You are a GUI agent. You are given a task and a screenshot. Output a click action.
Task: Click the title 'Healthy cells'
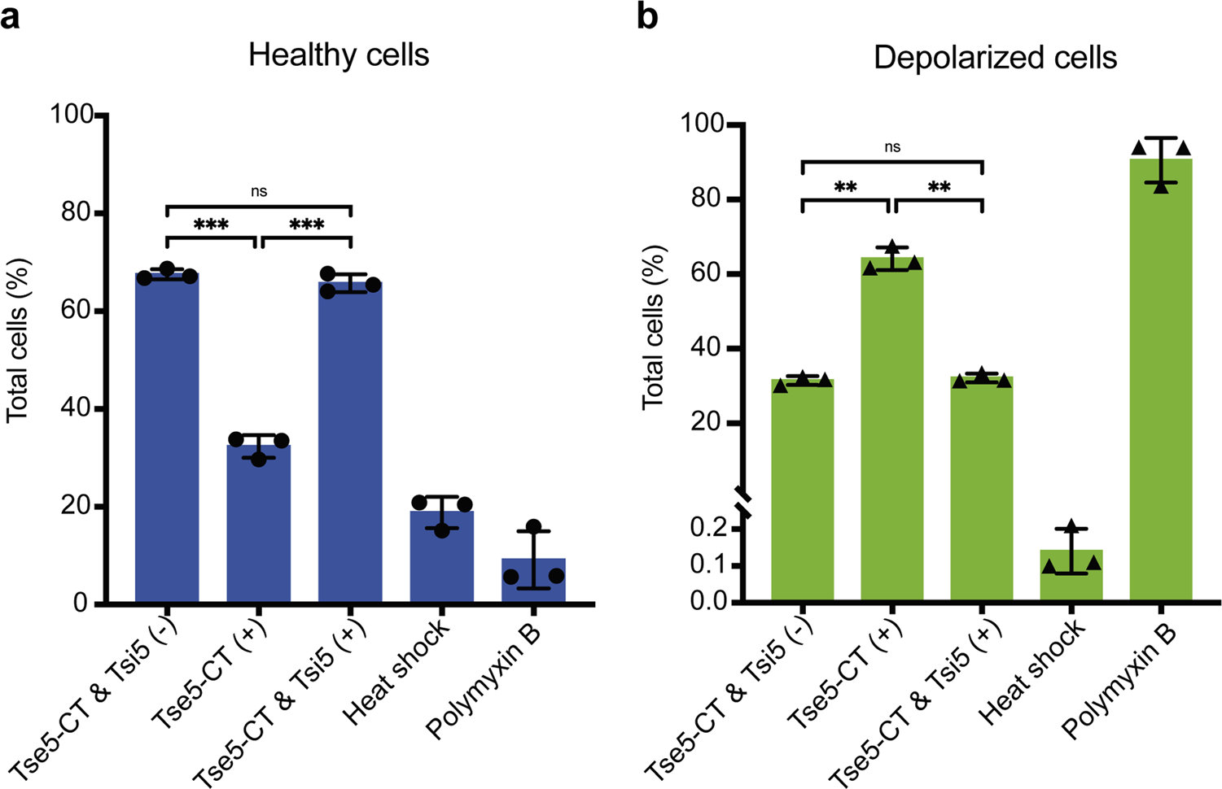[339, 55]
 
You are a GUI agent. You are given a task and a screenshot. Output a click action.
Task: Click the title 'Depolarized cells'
[995, 58]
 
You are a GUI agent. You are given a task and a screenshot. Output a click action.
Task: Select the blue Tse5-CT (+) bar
[258, 529]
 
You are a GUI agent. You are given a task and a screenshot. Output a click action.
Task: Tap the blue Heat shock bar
[441, 561]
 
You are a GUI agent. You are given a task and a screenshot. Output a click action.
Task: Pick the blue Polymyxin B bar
[533, 582]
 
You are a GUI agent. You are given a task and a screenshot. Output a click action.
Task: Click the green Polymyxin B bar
[1160, 382]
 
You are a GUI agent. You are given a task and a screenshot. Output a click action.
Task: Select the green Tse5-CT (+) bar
[892, 431]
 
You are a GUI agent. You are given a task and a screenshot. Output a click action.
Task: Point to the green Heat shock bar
[1071, 579]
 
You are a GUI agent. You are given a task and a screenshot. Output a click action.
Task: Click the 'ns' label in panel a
[258, 192]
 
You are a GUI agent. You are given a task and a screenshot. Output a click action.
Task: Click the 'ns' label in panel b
[892, 147]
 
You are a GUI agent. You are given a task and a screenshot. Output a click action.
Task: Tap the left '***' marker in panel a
[211, 225]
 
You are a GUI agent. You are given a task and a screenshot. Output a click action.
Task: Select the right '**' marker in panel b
[939, 188]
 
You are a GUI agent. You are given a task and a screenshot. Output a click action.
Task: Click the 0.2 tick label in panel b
[708, 529]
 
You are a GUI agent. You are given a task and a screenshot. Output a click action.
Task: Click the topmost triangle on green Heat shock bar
[1071, 526]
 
